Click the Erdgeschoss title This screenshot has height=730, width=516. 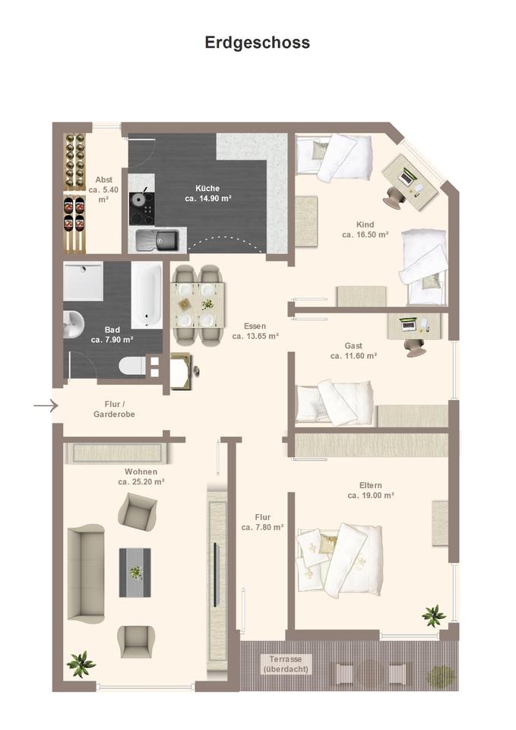point(258,43)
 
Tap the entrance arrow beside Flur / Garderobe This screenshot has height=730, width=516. point(46,406)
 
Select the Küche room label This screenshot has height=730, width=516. point(207,188)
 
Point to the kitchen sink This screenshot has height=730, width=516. point(157,240)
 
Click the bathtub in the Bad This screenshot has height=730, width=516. point(147,295)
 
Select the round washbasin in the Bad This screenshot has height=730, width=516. point(73,324)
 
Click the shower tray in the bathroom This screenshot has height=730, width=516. point(83,281)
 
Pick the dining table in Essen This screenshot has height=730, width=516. point(198,306)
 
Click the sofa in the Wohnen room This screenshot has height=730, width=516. point(86,574)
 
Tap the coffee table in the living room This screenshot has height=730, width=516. point(135,573)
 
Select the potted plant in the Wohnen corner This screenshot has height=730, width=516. point(81,664)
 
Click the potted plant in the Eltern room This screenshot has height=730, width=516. point(434,615)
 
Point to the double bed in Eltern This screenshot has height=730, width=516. point(340,560)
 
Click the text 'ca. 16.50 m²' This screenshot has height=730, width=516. point(366,235)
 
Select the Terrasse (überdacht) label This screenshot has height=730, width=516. point(286,665)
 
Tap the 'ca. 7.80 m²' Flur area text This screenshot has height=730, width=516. point(262,528)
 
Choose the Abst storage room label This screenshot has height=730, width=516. point(104,179)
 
